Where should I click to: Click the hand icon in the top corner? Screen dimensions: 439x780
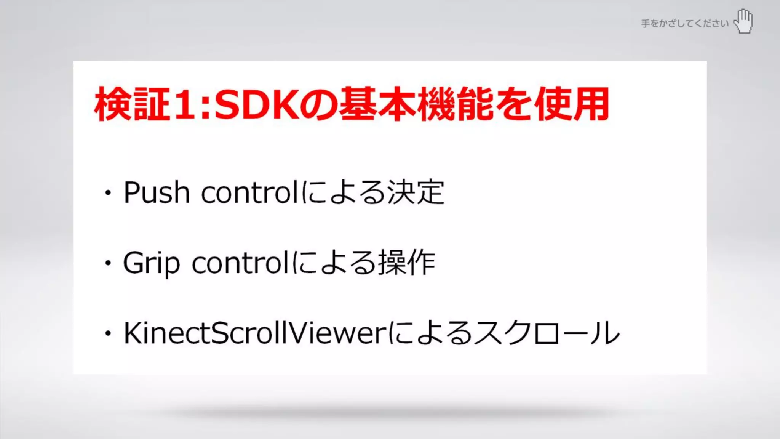744,21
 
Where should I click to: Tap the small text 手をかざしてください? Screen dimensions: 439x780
685,24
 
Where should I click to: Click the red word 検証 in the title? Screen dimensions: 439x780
132,104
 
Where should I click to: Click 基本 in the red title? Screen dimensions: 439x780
377,104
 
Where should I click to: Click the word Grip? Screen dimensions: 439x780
152,263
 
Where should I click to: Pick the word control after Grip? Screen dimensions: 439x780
241,263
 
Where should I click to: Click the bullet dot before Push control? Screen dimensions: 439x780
109,193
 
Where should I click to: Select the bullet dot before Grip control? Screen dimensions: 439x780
109,263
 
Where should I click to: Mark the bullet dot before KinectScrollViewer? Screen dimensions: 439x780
109,333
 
